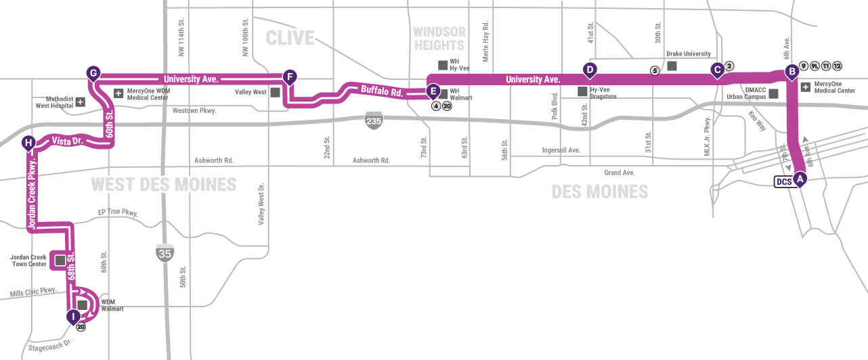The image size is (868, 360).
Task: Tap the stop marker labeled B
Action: coord(790,71)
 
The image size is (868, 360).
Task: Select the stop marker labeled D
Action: coord(590,69)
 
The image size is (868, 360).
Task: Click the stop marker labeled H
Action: coord(28,142)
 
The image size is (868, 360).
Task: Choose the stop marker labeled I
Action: coord(72,316)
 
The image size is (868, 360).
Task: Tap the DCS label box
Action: coord(783,181)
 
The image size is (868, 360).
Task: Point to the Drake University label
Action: coord(689,54)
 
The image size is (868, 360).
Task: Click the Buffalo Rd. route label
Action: coord(381,90)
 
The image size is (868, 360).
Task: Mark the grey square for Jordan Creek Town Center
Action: coord(60,260)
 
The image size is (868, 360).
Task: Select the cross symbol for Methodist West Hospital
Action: coord(80,102)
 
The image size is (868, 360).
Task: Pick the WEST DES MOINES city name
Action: coord(163,184)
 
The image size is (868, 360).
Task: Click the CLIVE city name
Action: coord(290,38)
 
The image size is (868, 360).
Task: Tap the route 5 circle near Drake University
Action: coord(654,70)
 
